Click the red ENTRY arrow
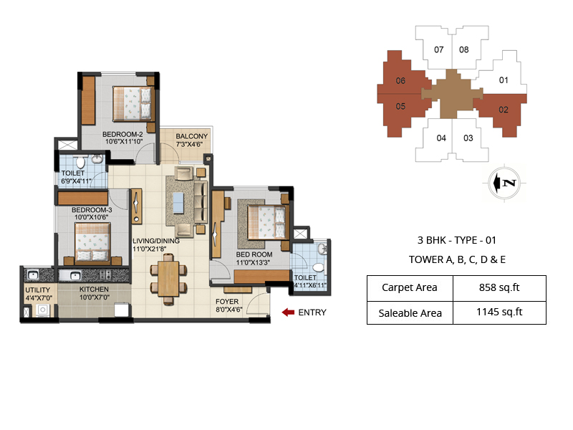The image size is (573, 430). (x=288, y=312)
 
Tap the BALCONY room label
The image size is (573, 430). (x=192, y=136)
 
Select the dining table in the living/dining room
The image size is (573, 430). (x=168, y=278)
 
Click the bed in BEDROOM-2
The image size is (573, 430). (x=132, y=103)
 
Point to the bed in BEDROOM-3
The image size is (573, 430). (x=93, y=242)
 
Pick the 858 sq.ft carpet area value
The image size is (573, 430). (x=499, y=288)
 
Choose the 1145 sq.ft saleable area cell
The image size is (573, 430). (x=499, y=312)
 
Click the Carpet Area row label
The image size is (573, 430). (x=409, y=288)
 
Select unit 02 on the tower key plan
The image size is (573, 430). (x=504, y=110)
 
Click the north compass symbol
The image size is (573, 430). (x=504, y=183)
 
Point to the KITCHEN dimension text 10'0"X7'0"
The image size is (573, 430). (x=95, y=297)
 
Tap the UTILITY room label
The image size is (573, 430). (x=38, y=290)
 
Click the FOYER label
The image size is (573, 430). (x=227, y=302)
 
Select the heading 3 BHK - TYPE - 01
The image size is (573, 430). (x=457, y=240)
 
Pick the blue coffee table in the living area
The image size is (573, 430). (x=178, y=203)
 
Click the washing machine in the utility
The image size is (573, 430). (x=42, y=310)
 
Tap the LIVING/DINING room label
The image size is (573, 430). (x=156, y=241)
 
